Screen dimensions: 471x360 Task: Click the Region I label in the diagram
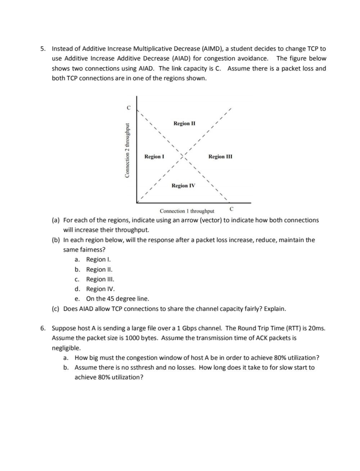[154, 156]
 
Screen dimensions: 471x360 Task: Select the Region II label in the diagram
[184, 123]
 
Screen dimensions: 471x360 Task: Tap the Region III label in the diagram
[220, 156]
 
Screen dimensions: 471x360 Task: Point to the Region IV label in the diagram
[183, 186]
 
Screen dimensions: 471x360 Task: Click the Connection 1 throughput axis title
[187, 211]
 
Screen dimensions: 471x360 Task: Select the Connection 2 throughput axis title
[127, 150]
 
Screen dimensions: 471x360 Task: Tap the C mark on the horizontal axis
[231, 209]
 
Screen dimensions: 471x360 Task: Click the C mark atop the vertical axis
[128, 107]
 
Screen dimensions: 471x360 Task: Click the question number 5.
[43, 49]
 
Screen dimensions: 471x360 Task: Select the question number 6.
[43, 328]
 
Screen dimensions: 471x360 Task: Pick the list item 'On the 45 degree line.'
[117, 299]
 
